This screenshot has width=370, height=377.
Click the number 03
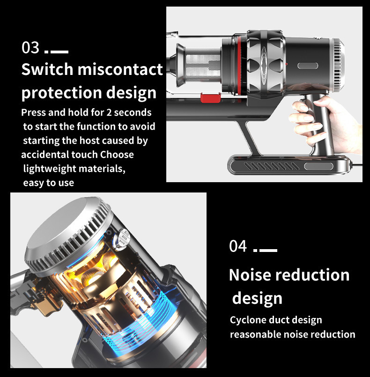[x=31, y=48]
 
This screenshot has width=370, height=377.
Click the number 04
[x=238, y=246]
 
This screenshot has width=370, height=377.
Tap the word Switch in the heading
[x=47, y=70]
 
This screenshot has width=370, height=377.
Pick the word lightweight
[x=52, y=169]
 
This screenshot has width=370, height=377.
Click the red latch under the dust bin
[x=210, y=97]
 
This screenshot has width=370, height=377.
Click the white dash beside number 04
[x=268, y=251]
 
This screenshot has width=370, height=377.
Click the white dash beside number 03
[x=59, y=52]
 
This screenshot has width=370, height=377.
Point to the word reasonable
[x=256, y=334]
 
